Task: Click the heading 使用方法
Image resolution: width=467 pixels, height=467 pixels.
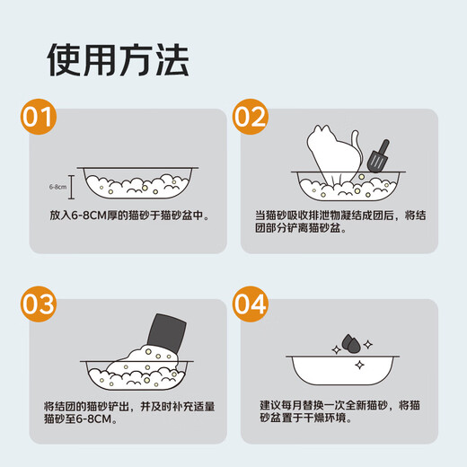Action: click(118, 59)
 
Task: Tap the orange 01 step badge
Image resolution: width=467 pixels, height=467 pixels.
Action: click(39, 117)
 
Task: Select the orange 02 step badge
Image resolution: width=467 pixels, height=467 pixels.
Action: click(250, 117)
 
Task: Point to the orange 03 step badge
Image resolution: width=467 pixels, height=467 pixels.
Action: click(39, 304)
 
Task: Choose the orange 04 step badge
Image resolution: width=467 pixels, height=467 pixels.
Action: click(250, 304)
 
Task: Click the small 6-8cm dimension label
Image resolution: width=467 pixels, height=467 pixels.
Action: click(57, 187)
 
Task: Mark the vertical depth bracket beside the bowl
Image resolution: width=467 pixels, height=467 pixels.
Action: click(71, 187)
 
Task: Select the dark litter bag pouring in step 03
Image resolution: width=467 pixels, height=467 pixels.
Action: click(166, 333)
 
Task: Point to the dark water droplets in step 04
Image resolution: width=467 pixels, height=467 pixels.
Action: click(351, 343)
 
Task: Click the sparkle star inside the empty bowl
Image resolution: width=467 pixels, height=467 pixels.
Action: click(359, 365)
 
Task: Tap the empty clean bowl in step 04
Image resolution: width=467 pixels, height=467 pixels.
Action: click(342, 370)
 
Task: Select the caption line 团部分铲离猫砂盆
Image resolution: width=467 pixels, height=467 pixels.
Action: click(297, 228)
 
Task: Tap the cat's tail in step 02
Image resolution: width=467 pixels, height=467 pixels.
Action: click(357, 145)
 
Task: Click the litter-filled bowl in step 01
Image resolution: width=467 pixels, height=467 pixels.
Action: click(137, 183)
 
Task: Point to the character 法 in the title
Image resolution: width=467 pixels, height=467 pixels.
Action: click(172, 59)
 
